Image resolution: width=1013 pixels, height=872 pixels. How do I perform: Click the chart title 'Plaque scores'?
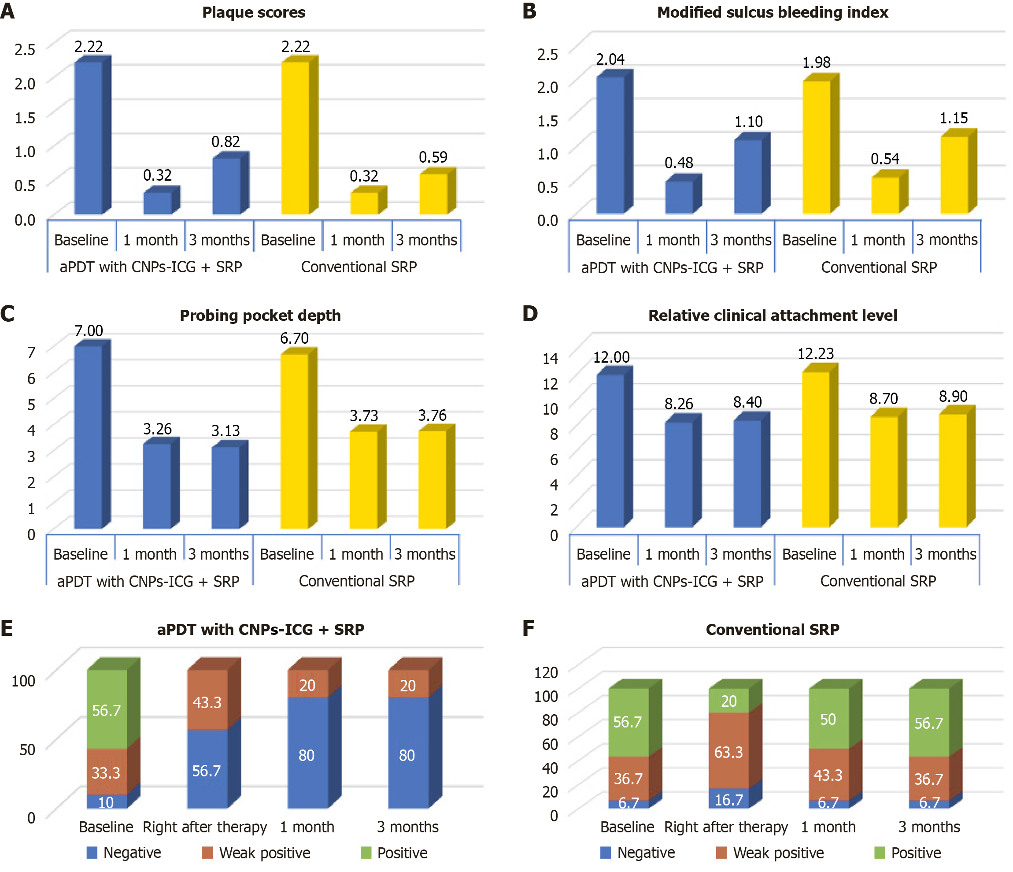[x=254, y=12]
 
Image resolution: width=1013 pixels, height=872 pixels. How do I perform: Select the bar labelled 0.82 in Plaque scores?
[x=226, y=186]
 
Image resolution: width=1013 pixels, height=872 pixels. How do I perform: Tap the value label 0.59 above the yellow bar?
[x=433, y=157]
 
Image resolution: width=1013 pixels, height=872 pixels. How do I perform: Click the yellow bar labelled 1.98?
[x=817, y=147]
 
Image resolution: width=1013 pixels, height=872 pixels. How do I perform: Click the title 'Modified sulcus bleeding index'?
[x=773, y=12]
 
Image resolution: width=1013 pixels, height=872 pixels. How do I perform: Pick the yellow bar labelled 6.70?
[x=294, y=441]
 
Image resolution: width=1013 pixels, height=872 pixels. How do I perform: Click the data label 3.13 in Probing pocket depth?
[x=226, y=431]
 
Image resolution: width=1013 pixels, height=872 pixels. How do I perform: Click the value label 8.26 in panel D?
[x=679, y=404]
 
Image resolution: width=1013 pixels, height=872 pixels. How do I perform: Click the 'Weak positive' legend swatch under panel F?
[x=721, y=853]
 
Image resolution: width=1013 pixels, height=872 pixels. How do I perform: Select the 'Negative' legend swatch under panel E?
[x=92, y=853]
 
